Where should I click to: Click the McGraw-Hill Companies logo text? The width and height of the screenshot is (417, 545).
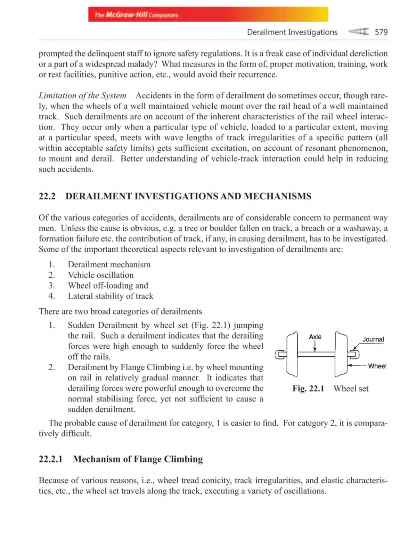(x=136, y=15)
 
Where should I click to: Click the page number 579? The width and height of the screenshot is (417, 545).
(x=381, y=32)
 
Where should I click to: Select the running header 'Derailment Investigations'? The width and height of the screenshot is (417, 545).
(x=292, y=32)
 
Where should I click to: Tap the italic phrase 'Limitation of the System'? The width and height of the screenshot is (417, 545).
(x=82, y=95)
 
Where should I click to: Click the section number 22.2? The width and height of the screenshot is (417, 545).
(x=47, y=196)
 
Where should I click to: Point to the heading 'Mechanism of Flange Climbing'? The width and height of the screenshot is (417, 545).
(x=138, y=459)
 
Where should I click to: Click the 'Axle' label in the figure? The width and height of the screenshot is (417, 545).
(x=315, y=337)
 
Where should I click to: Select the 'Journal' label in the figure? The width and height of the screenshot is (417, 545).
(x=373, y=339)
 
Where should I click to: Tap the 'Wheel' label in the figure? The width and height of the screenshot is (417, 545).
(x=377, y=366)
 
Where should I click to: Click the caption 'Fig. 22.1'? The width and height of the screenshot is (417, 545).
(x=308, y=388)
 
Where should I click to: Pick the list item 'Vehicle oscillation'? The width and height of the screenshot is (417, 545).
(x=100, y=275)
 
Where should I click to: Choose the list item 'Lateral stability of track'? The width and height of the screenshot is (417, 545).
(x=110, y=296)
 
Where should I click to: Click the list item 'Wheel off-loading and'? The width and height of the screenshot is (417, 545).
(x=108, y=285)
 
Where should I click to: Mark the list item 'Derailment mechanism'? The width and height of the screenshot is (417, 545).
(x=109, y=264)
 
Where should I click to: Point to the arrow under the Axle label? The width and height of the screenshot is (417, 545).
(x=315, y=346)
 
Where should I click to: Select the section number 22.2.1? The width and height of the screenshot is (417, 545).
(x=51, y=459)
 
